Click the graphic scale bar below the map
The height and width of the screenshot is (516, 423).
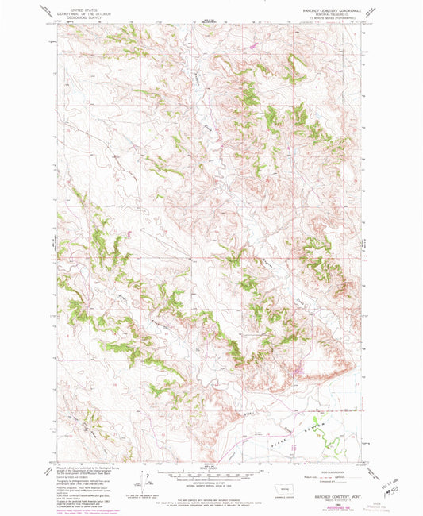click(x=210, y=468)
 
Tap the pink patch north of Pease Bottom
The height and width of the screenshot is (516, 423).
click(x=294, y=368)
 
